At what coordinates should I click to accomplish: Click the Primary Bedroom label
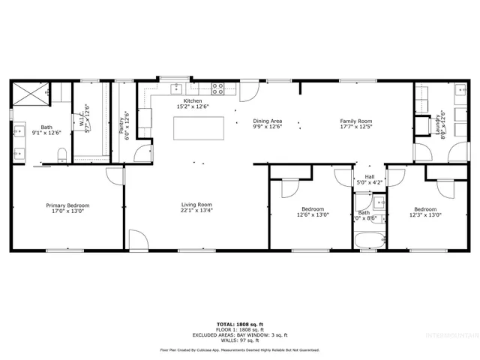click(x=67, y=205)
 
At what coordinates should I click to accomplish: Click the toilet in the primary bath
click(x=63, y=154)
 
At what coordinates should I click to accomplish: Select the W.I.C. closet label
click(x=83, y=119)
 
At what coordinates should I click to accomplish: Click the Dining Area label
click(x=267, y=121)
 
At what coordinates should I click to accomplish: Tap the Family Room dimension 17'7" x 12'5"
click(x=356, y=127)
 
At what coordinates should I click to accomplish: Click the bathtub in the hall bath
click(x=369, y=241)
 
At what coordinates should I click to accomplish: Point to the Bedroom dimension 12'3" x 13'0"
click(x=425, y=214)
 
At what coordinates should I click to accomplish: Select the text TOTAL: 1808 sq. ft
click(x=239, y=324)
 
